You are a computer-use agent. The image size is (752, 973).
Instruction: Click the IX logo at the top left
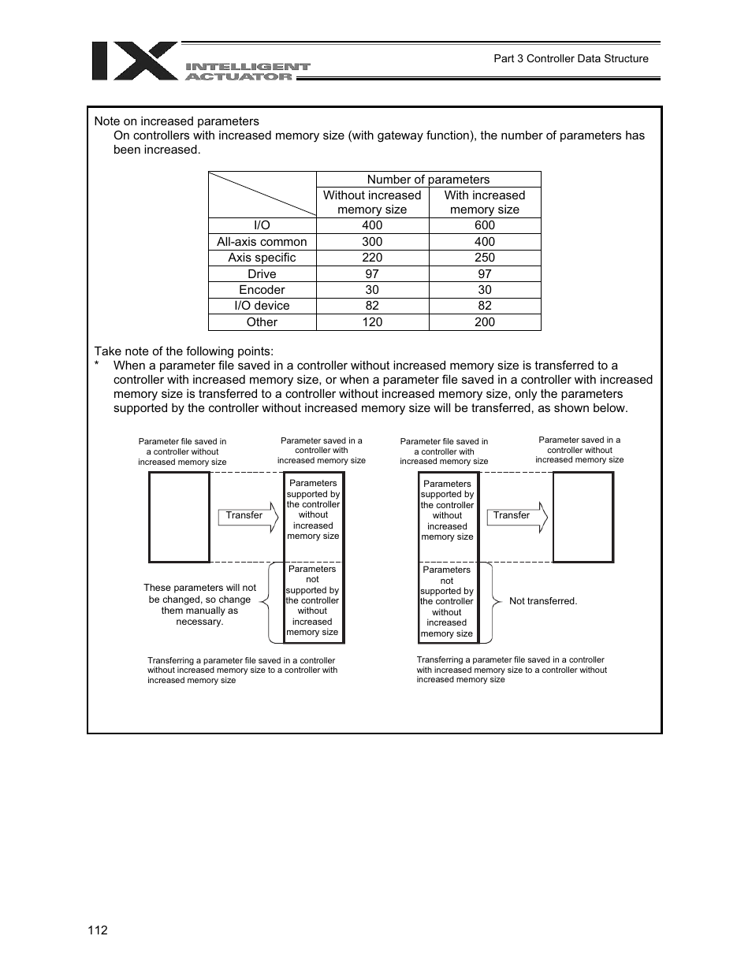[135, 61]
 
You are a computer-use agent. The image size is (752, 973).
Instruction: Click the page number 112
[98, 930]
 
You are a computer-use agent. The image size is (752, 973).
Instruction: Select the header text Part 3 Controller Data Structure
[571, 58]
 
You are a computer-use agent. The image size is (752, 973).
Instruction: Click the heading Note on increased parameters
[177, 121]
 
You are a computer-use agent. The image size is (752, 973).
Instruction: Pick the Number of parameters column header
[428, 180]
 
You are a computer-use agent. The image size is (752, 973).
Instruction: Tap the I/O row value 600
[484, 225]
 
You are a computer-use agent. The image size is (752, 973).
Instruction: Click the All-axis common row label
[262, 242]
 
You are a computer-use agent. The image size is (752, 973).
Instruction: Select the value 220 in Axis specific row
[372, 258]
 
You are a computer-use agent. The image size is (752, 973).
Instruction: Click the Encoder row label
[262, 290]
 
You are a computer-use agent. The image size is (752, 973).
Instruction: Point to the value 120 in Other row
[372, 322]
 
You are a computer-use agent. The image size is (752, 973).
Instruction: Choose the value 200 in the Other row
[484, 322]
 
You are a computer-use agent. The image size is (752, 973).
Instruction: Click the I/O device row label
[262, 306]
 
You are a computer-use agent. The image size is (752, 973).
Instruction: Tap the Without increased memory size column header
[372, 202]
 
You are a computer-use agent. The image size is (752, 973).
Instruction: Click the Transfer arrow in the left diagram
[248, 516]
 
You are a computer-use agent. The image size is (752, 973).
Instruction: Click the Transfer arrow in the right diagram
[516, 516]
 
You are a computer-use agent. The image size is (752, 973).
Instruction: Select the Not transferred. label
[543, 601]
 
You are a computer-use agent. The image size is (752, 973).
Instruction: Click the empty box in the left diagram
[180, 517]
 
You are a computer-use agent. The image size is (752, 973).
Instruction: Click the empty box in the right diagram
[583, 517]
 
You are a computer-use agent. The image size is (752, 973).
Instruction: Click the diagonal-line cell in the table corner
[262, 195]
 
